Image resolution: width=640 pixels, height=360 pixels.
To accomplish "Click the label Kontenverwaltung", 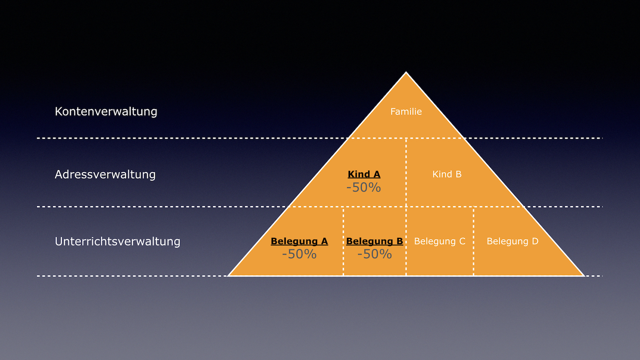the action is click(106, 112).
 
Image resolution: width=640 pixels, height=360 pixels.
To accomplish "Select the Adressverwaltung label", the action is click(105, 174).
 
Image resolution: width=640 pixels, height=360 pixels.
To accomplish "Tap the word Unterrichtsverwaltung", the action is click(117, 241).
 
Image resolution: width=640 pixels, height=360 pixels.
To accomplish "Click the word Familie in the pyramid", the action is click(406, 112).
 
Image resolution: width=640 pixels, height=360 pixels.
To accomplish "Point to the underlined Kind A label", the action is click(364, 174).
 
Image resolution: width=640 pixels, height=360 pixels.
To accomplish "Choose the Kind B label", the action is click(447, 174).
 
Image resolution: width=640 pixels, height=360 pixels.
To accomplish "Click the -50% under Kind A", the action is click(364, 188).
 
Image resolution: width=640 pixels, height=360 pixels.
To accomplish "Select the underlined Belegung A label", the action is click(299, 241).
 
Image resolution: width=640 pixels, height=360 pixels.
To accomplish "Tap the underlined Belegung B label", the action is click(375, 241).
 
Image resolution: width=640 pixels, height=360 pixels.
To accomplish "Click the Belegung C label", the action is click(440, 241).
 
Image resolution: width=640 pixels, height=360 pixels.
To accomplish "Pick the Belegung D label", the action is click(512, 241).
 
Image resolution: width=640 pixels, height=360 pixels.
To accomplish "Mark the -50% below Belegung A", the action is click(299, 254).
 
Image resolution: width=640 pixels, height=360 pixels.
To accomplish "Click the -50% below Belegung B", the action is click(375, 254).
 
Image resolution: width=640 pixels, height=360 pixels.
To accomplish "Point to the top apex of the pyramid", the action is click(406, 72).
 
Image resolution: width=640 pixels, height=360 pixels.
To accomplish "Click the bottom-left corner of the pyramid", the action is click(228, 276).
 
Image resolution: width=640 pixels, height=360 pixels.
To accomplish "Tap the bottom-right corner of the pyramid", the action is click(584, 276).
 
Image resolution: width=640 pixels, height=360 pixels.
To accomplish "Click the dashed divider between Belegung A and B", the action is click(343, 241).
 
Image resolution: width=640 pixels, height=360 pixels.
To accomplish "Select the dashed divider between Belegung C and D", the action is click(473, 241).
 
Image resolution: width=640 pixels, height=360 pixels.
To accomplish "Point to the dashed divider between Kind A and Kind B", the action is click(406, 172).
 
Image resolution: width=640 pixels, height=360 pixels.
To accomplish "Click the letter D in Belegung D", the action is click(535, 241).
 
